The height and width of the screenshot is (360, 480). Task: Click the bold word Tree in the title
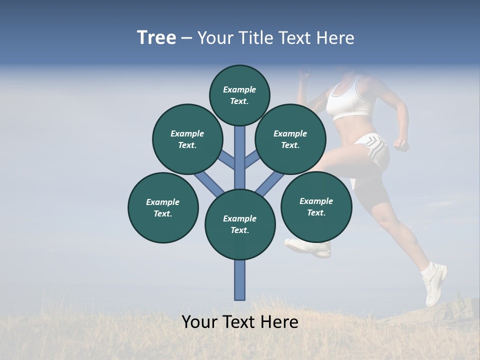click(156, 38)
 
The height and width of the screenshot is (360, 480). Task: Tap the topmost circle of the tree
click(239, 95)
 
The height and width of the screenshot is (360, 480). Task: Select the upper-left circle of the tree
click(187, 139)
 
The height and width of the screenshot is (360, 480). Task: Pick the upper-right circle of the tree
click(290, 139)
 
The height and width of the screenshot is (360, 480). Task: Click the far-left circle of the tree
click(163, 207)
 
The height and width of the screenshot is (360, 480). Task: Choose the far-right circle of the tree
click(316, 206)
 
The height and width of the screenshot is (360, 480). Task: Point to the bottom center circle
click(240, 224)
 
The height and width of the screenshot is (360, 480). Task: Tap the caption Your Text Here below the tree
click(240, 322)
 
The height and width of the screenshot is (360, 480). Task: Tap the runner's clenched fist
click(401, 144)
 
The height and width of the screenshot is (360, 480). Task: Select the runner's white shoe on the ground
click(435, 285)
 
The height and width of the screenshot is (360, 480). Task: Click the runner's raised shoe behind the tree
click(308, 247)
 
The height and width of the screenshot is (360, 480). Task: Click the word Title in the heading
click(257, 38)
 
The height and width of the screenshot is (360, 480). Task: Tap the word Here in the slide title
click(337, 38)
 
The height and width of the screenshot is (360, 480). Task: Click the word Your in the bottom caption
click(199, 322)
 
